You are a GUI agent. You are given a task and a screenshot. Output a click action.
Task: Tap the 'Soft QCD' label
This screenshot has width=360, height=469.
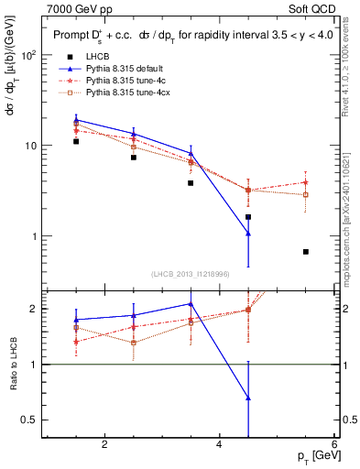310,8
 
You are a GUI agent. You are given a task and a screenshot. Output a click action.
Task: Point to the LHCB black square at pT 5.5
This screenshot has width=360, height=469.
306,252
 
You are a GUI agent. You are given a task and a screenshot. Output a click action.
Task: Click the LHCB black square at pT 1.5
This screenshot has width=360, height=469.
76,142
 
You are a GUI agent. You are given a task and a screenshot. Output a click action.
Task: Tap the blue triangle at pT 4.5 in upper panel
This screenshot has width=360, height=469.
248,234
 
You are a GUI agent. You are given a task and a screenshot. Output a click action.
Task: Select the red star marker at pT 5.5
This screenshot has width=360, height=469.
306,182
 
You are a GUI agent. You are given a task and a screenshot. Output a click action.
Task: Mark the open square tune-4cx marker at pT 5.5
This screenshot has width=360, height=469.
306,195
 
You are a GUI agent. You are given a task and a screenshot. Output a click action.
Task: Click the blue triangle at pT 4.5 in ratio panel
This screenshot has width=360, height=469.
248,398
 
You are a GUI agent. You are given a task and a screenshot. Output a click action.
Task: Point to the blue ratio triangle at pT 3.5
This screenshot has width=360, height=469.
191,303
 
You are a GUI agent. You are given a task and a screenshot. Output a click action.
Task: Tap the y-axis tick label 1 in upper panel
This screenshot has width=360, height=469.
35,236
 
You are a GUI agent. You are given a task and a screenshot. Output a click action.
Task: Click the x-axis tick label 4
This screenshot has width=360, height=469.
219,445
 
